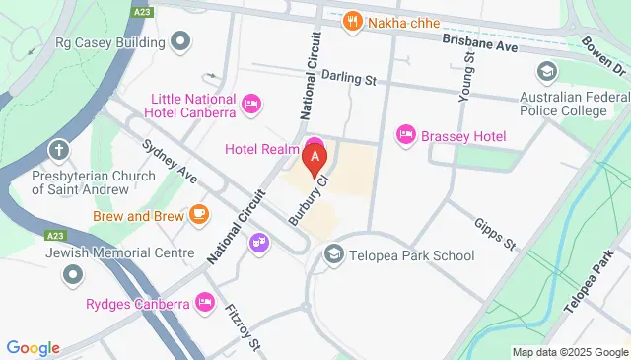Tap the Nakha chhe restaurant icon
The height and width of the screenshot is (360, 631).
[351, 20]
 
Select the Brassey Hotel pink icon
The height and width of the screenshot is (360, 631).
[404, 134]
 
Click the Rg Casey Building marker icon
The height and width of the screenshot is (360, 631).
[179, 41]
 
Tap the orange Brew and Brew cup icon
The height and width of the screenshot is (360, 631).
[199, 214]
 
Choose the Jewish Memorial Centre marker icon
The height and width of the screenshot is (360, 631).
[72, 273]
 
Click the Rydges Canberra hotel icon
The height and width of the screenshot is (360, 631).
[205, 302]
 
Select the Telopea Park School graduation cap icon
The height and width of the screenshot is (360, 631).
[333, 255]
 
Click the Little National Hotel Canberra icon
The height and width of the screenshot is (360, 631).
[251, 102]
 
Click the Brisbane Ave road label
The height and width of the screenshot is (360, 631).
[480, 45]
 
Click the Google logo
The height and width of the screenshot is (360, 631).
[34, 347]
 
